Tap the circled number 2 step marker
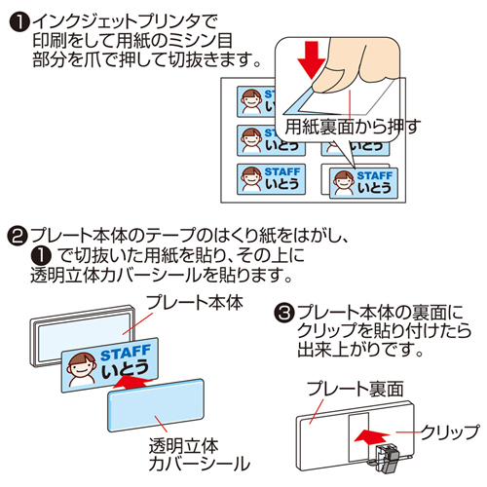coord(19,236)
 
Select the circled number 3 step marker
coord(284,313)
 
